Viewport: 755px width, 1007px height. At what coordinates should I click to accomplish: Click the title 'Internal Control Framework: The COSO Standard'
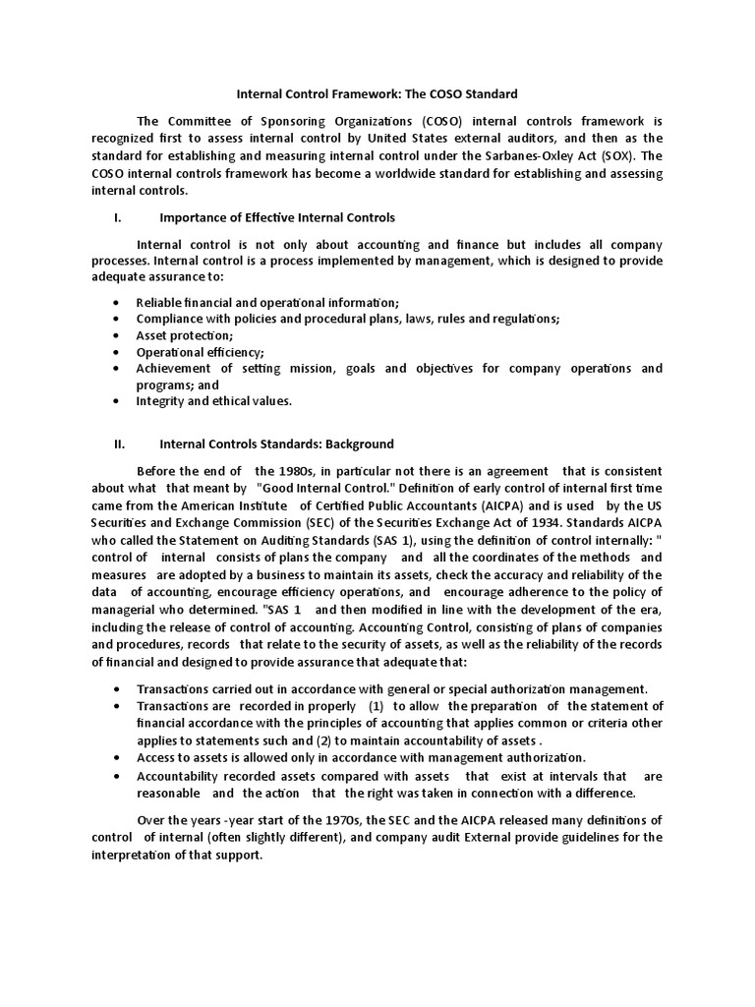click(377, 95)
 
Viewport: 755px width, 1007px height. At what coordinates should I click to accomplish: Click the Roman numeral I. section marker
click(117, 217)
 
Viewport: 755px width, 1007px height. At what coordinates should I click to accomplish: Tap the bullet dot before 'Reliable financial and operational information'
click(117, 302)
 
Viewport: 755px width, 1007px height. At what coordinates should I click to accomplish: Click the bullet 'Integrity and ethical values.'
click(214, 401)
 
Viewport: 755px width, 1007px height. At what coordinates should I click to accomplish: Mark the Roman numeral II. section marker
click(119, 444)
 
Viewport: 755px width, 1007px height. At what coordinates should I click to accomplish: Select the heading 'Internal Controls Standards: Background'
click(276, 444)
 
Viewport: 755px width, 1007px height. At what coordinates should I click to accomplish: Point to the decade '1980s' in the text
click(304, 470)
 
